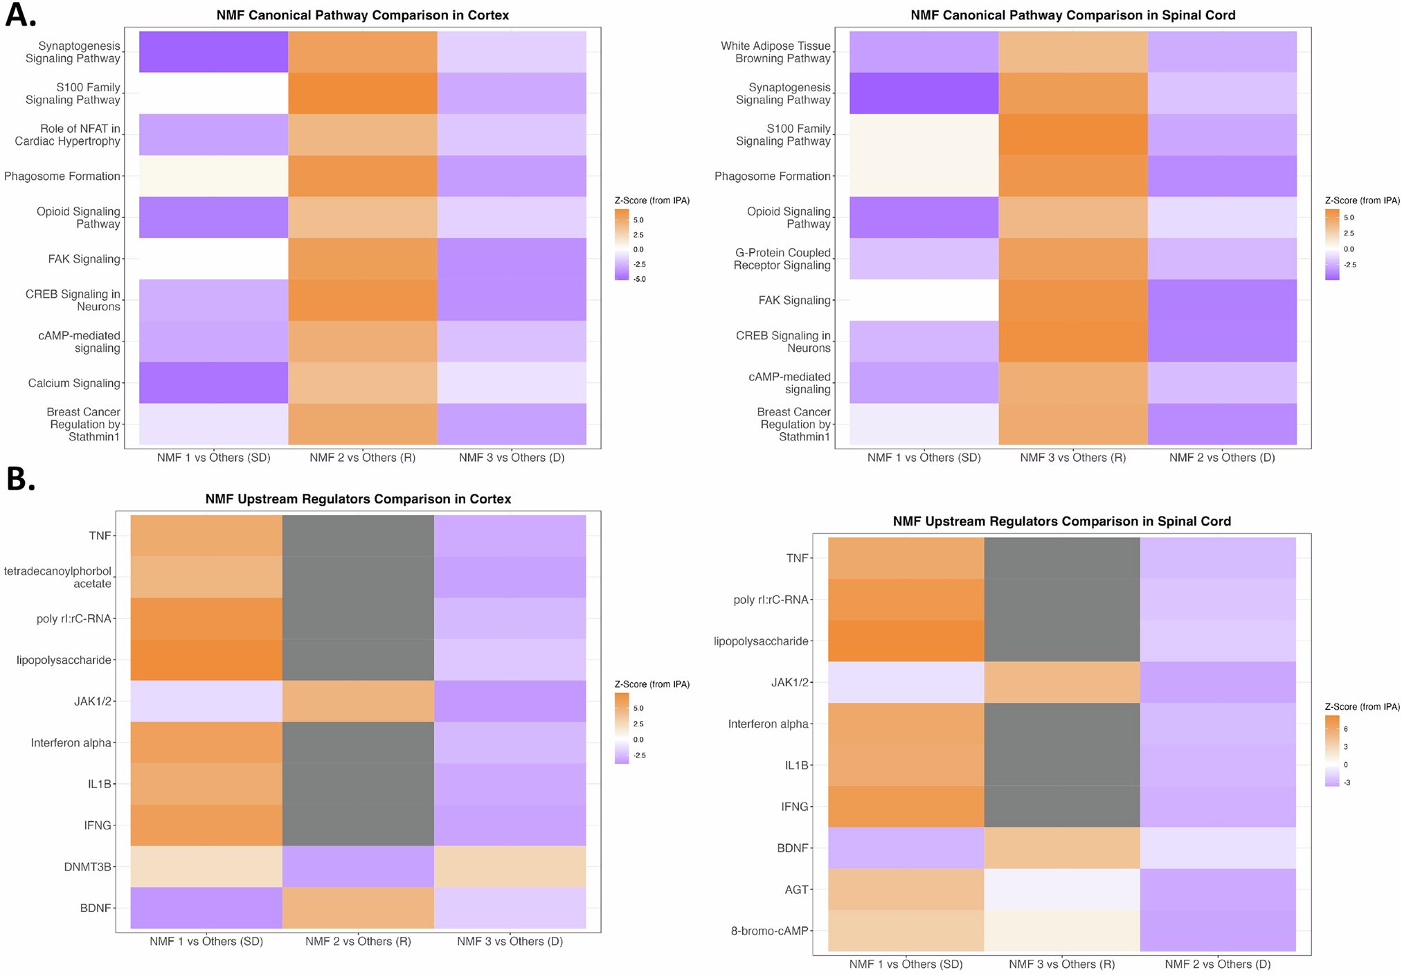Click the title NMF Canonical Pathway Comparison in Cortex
[362, 15]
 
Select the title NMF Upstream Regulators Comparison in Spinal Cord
[1061, 521]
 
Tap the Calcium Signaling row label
[74, 383]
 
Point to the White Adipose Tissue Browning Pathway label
[775, 52]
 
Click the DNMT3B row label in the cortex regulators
[87, 867]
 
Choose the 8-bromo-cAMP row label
[769, 931]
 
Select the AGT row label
[796, 890]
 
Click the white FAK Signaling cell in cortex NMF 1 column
[213, 259]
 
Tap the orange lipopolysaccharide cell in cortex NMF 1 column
[206, 660]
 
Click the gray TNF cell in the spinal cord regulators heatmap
[1061, 558]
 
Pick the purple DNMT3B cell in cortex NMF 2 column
[358, 867]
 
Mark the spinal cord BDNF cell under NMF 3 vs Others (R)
[1061, 848]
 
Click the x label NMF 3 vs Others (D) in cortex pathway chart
[512, 458]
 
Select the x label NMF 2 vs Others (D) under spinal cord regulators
[1217, 964]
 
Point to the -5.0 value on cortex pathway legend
[639, 279]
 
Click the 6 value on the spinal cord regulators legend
[1346, 729]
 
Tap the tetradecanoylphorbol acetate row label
[58, 578]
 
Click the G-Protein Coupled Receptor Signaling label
[782, 259]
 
